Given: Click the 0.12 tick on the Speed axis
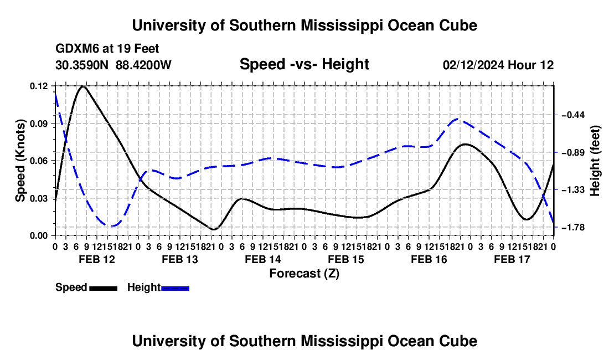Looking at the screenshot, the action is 39,86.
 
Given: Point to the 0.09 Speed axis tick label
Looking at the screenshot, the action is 39,124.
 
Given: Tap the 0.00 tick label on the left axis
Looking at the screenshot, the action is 39,236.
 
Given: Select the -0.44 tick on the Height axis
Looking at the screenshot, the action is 573,115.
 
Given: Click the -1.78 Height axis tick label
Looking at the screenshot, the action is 573,227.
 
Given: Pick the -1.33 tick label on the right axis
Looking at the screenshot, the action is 573,190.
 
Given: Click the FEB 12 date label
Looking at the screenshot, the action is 97,259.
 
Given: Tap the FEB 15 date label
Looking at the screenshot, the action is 346,259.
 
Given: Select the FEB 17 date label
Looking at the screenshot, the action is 512,259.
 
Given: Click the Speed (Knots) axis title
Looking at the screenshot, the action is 20,161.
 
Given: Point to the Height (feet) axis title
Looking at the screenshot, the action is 595,161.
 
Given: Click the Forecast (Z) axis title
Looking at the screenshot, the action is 304,274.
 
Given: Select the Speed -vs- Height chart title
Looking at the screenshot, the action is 304,64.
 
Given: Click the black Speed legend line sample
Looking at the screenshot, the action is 104,289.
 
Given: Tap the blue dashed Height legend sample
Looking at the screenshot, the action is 175,289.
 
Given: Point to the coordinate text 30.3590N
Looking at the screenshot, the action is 82,65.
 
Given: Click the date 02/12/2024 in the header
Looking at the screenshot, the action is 474,65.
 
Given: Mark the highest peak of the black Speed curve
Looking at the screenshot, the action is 82,86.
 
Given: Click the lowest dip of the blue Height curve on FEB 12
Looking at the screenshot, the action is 111,226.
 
